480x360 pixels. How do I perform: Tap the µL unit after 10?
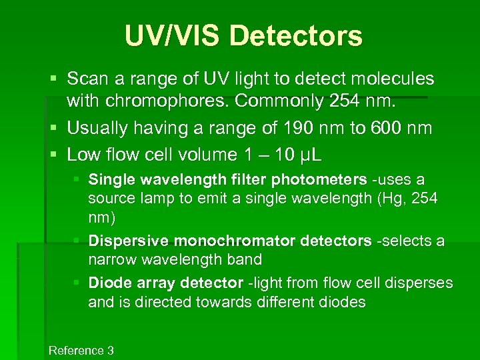[308, 155]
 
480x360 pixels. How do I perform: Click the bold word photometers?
[319, 180]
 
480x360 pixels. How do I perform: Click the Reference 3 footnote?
[81, 351]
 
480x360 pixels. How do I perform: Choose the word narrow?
[110, 259]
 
